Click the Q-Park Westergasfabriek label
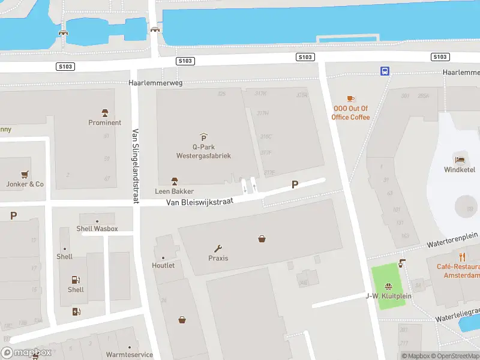[x=203, y=151]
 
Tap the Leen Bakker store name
[x=175, y=191]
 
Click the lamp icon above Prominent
[x=105, y=113]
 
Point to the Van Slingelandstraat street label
[x=136, y=166]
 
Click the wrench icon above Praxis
[x=218, y=248]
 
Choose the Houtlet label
[x=163, y=265]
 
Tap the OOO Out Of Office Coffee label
[x=351, y=113]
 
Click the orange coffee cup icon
[x=351, y=98]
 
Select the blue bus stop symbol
[x=385, y=71]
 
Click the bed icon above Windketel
[x=460, y=158]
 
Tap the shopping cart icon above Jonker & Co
[x=25, y=175]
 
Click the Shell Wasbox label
[x=97, y=229]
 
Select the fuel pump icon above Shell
[x=76, y=279]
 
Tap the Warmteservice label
[x=129, y=355]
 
